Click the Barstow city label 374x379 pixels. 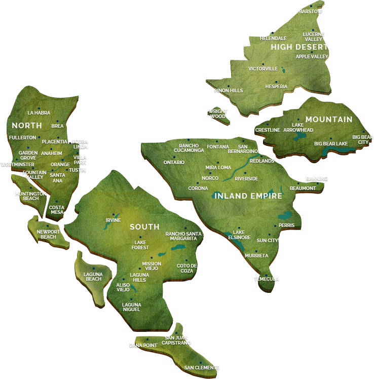click(x=311, y=11)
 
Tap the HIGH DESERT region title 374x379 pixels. click(x=300, y=47)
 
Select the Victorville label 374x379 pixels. click(x=263, y=68)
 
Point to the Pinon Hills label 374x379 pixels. click(x=229, y=91)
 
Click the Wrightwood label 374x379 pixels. click(x=218, y=113)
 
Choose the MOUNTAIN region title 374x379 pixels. click(x=329, y=120)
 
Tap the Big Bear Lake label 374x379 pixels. click(x=331, y=144)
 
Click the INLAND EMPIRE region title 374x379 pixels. click(x=248, y=196)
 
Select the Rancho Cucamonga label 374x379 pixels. click(x=189, y=148)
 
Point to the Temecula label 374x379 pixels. click(x=266, y=279)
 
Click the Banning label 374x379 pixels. click(x=317, y=178)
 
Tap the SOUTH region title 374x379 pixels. click(x=144, y=227)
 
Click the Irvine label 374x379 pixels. click(x=113, y=220)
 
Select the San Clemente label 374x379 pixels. click(x=202, y=367)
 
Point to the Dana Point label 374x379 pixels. click(x=143, y=346)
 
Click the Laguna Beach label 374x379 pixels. click(x=93, y=277)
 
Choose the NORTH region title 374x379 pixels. click(x=27, y=125)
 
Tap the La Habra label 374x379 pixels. click(x=39, y=112)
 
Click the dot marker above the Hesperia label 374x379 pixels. click(x=276, y=82)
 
